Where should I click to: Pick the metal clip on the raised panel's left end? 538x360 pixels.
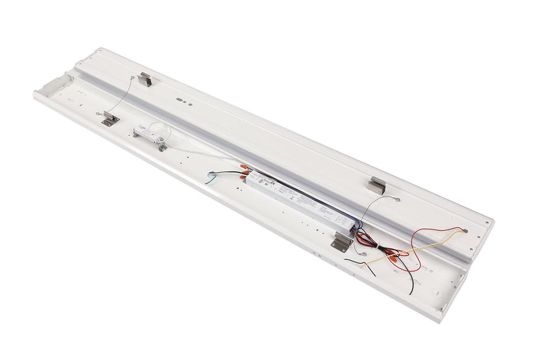pyautogui.click(x=145, y=79)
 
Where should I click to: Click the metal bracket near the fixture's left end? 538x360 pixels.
pyautogui.click(x=110, y=120)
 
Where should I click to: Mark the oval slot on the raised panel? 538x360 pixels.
pyautogui.click(x=181, y=98)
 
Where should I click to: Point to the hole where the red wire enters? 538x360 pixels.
pyautogui.click(x=465, y=231)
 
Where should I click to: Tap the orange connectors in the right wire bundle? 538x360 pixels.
pyautogui.click(x=388, y=254)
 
